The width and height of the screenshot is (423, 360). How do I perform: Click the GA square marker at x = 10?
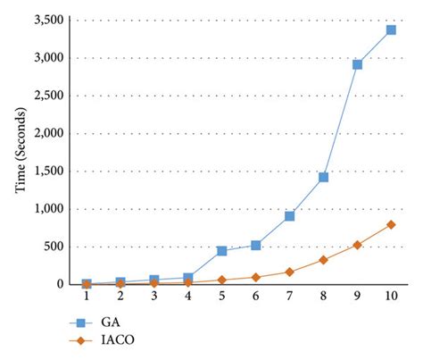[x=391, y=29]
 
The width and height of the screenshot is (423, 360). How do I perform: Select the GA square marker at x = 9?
[x=357, y=64]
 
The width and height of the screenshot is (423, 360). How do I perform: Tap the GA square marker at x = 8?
[x=323, y=177]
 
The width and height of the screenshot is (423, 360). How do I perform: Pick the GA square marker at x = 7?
[x=289, y=216]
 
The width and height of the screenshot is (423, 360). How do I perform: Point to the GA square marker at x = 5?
[x=221, y=251]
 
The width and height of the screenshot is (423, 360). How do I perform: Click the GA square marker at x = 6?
[x=255, y=245]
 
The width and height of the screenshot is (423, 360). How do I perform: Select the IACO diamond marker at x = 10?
[x=391, y=224]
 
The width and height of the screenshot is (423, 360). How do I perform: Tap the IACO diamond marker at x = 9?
[x=357, y=244]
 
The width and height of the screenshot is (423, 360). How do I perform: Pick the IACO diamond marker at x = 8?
[x=323, y=260]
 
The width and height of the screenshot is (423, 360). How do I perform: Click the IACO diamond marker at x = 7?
[x=289, y=272]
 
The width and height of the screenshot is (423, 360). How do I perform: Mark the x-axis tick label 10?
[x=391, y=295]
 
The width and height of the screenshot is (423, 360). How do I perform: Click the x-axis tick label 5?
[x=221, y=295]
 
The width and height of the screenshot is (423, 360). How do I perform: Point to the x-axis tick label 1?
[x=87, y=295]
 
